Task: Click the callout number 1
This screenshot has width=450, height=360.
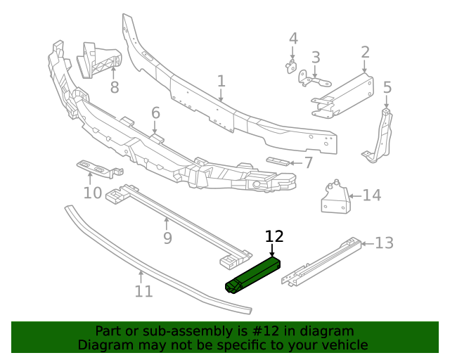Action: tap(221, 82)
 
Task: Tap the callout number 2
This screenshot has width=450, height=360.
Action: tap(366, 51)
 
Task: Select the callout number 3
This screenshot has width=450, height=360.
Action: tap(316, 57)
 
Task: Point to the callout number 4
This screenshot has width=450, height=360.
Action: tap(293, 38)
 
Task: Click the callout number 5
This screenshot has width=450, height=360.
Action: tap(387, 88)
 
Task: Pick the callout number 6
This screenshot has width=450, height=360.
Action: tap(155, 112)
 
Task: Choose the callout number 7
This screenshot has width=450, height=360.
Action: tap(308, 162)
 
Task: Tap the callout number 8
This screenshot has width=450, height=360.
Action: tap(115, 88)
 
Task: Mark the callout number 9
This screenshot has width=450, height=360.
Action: tap(167, 238)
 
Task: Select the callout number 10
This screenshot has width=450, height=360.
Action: tap(92, 193)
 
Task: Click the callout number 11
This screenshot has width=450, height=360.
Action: tap(143, 290)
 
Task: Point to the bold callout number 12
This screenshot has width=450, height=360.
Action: tap(274, 236)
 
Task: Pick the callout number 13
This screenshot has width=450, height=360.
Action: tap(384, 243)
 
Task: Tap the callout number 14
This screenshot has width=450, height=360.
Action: tap(371, 195)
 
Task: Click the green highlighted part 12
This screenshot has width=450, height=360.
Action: tap(253, 275)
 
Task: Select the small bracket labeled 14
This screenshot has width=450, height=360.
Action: tap(335, 198)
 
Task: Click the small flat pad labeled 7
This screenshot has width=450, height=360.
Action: tap(278, 162)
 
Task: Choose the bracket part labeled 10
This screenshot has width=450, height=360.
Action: tap(98, 167)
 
